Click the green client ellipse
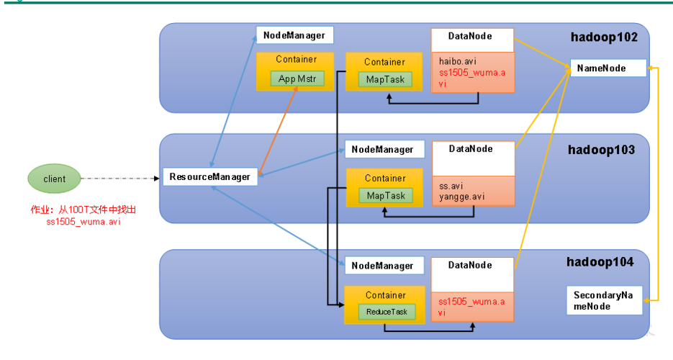(54, 179)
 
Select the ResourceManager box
(209, 176)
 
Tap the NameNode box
(606, 69)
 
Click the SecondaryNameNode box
(603, 301)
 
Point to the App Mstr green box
(297, 78)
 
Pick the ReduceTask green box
(387, 312)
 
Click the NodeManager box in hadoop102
(294, 35)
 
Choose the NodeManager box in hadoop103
(383, 150)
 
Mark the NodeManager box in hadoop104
(383, 266)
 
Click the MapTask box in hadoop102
(385, 79)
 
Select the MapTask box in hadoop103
(386, 195)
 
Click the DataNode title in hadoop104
(471, 266)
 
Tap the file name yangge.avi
(461, 196)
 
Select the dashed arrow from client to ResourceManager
(119, 178)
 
